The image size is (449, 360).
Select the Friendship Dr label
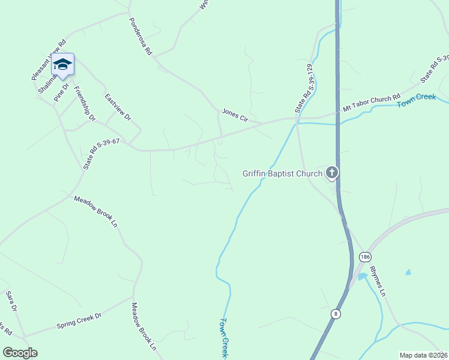(x=84, y=104)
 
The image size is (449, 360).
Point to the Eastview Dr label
(x=118, y=107)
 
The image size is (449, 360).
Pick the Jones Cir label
(x=235, y=114)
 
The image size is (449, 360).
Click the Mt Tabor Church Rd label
(x=371, y=103)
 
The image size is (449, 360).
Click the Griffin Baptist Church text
(x=282, y=174)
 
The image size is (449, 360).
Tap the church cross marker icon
(x=331, y=173)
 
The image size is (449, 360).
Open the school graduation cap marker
(x=62, y=64)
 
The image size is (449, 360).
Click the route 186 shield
(x=365, y=256)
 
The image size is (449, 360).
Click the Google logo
(x=20, y=353)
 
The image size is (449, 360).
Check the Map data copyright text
(x=423, y=355)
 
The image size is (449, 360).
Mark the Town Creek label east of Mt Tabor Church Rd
(x=417, y=101)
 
